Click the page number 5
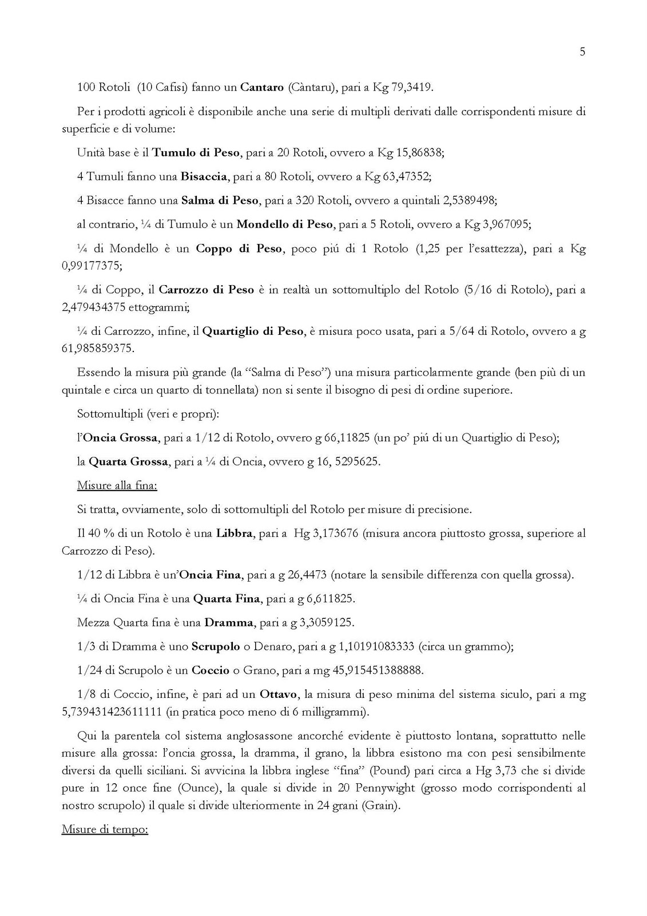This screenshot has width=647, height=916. (x=582, y=52)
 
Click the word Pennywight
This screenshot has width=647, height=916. (x=384, y=788)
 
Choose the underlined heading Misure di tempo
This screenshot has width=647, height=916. (x=105, y=830)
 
